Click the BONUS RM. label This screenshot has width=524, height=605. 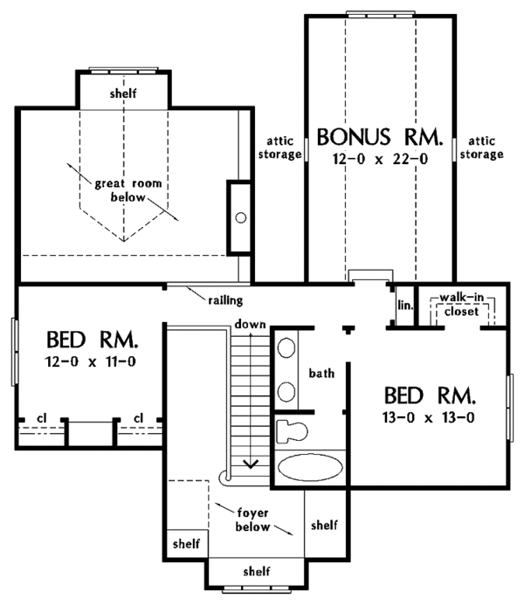[x=380, y=137]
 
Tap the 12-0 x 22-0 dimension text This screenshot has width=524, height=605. [x=381, y=159]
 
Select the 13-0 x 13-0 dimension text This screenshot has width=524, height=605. [x=429, y=417]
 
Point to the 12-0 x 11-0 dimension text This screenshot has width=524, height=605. [x=91, y=361]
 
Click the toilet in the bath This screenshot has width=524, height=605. [x=292, y=430]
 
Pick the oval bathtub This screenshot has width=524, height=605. [x=310, y=467]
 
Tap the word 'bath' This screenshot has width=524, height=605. [x=321, y=373]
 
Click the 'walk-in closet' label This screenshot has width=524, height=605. [x=461, y=305]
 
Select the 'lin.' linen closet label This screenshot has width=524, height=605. [x=405, y=306]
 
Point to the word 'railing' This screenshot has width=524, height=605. [x=225, y=300]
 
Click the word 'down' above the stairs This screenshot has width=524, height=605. [x=250, y=324]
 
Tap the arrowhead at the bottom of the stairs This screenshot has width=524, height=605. [x=251, y=464]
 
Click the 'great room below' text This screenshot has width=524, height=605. [x=128, y=190]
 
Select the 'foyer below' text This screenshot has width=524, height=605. [x=252, y=519]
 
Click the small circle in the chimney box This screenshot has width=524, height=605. [x=241, y=218]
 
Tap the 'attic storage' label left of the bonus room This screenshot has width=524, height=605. [x=279, y=148]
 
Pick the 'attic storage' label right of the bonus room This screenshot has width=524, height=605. [x=481, y=148]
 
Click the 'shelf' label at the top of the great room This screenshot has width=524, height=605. [x=123, y=93]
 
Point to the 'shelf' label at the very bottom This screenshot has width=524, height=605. [x=257, y=571]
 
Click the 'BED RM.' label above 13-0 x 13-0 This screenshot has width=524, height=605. [x=430, y=395]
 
